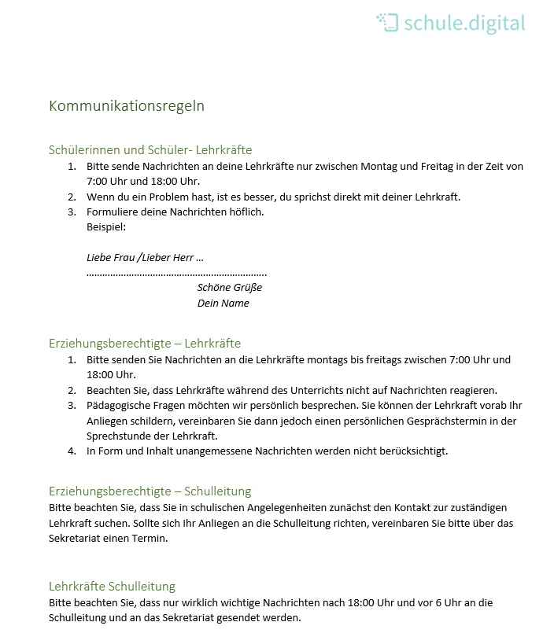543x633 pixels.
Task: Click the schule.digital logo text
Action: (x=464, y=23)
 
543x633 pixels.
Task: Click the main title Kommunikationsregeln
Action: (x=127, y=105)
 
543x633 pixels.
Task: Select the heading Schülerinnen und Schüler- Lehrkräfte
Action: (x=150, y=149)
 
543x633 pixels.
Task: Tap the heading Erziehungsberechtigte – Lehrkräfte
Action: (x=145, y=343)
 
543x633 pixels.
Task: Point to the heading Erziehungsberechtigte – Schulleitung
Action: (x=150, y=491)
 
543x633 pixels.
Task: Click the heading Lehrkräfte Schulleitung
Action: (x=112, y=586)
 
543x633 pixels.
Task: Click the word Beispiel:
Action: (x=106, y=226)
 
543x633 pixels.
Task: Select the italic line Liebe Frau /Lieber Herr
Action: (x=145, y=257)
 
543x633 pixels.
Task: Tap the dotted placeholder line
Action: (x=176, y=273)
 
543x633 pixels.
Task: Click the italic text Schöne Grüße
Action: (x=229, y=287)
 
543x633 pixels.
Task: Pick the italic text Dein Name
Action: (x=223, y=303)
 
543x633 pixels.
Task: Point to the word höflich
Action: (x=246, y=212)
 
